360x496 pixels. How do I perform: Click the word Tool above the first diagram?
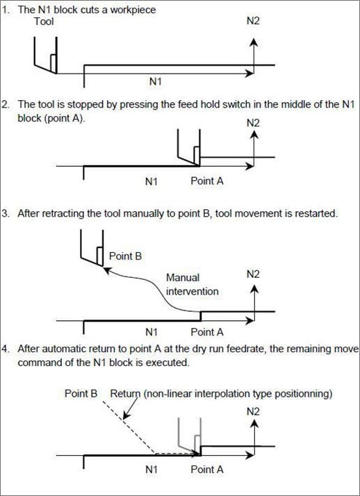click(x=44, y=22)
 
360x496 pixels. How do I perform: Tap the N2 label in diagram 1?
click(x=255, y=22)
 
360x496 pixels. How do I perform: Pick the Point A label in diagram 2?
click(x=207, y=182)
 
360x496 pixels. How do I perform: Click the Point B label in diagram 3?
click(x=126, y=256)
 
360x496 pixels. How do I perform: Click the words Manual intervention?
click(x=192, y=284)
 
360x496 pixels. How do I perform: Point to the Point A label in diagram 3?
click(x=207, y=332)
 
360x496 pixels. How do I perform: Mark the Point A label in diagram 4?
click(x=207, y=470)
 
